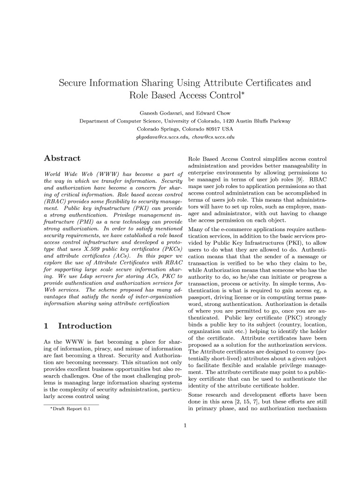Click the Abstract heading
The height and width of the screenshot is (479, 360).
[x=62, y=159]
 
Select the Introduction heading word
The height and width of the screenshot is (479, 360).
[x=85, y=326]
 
